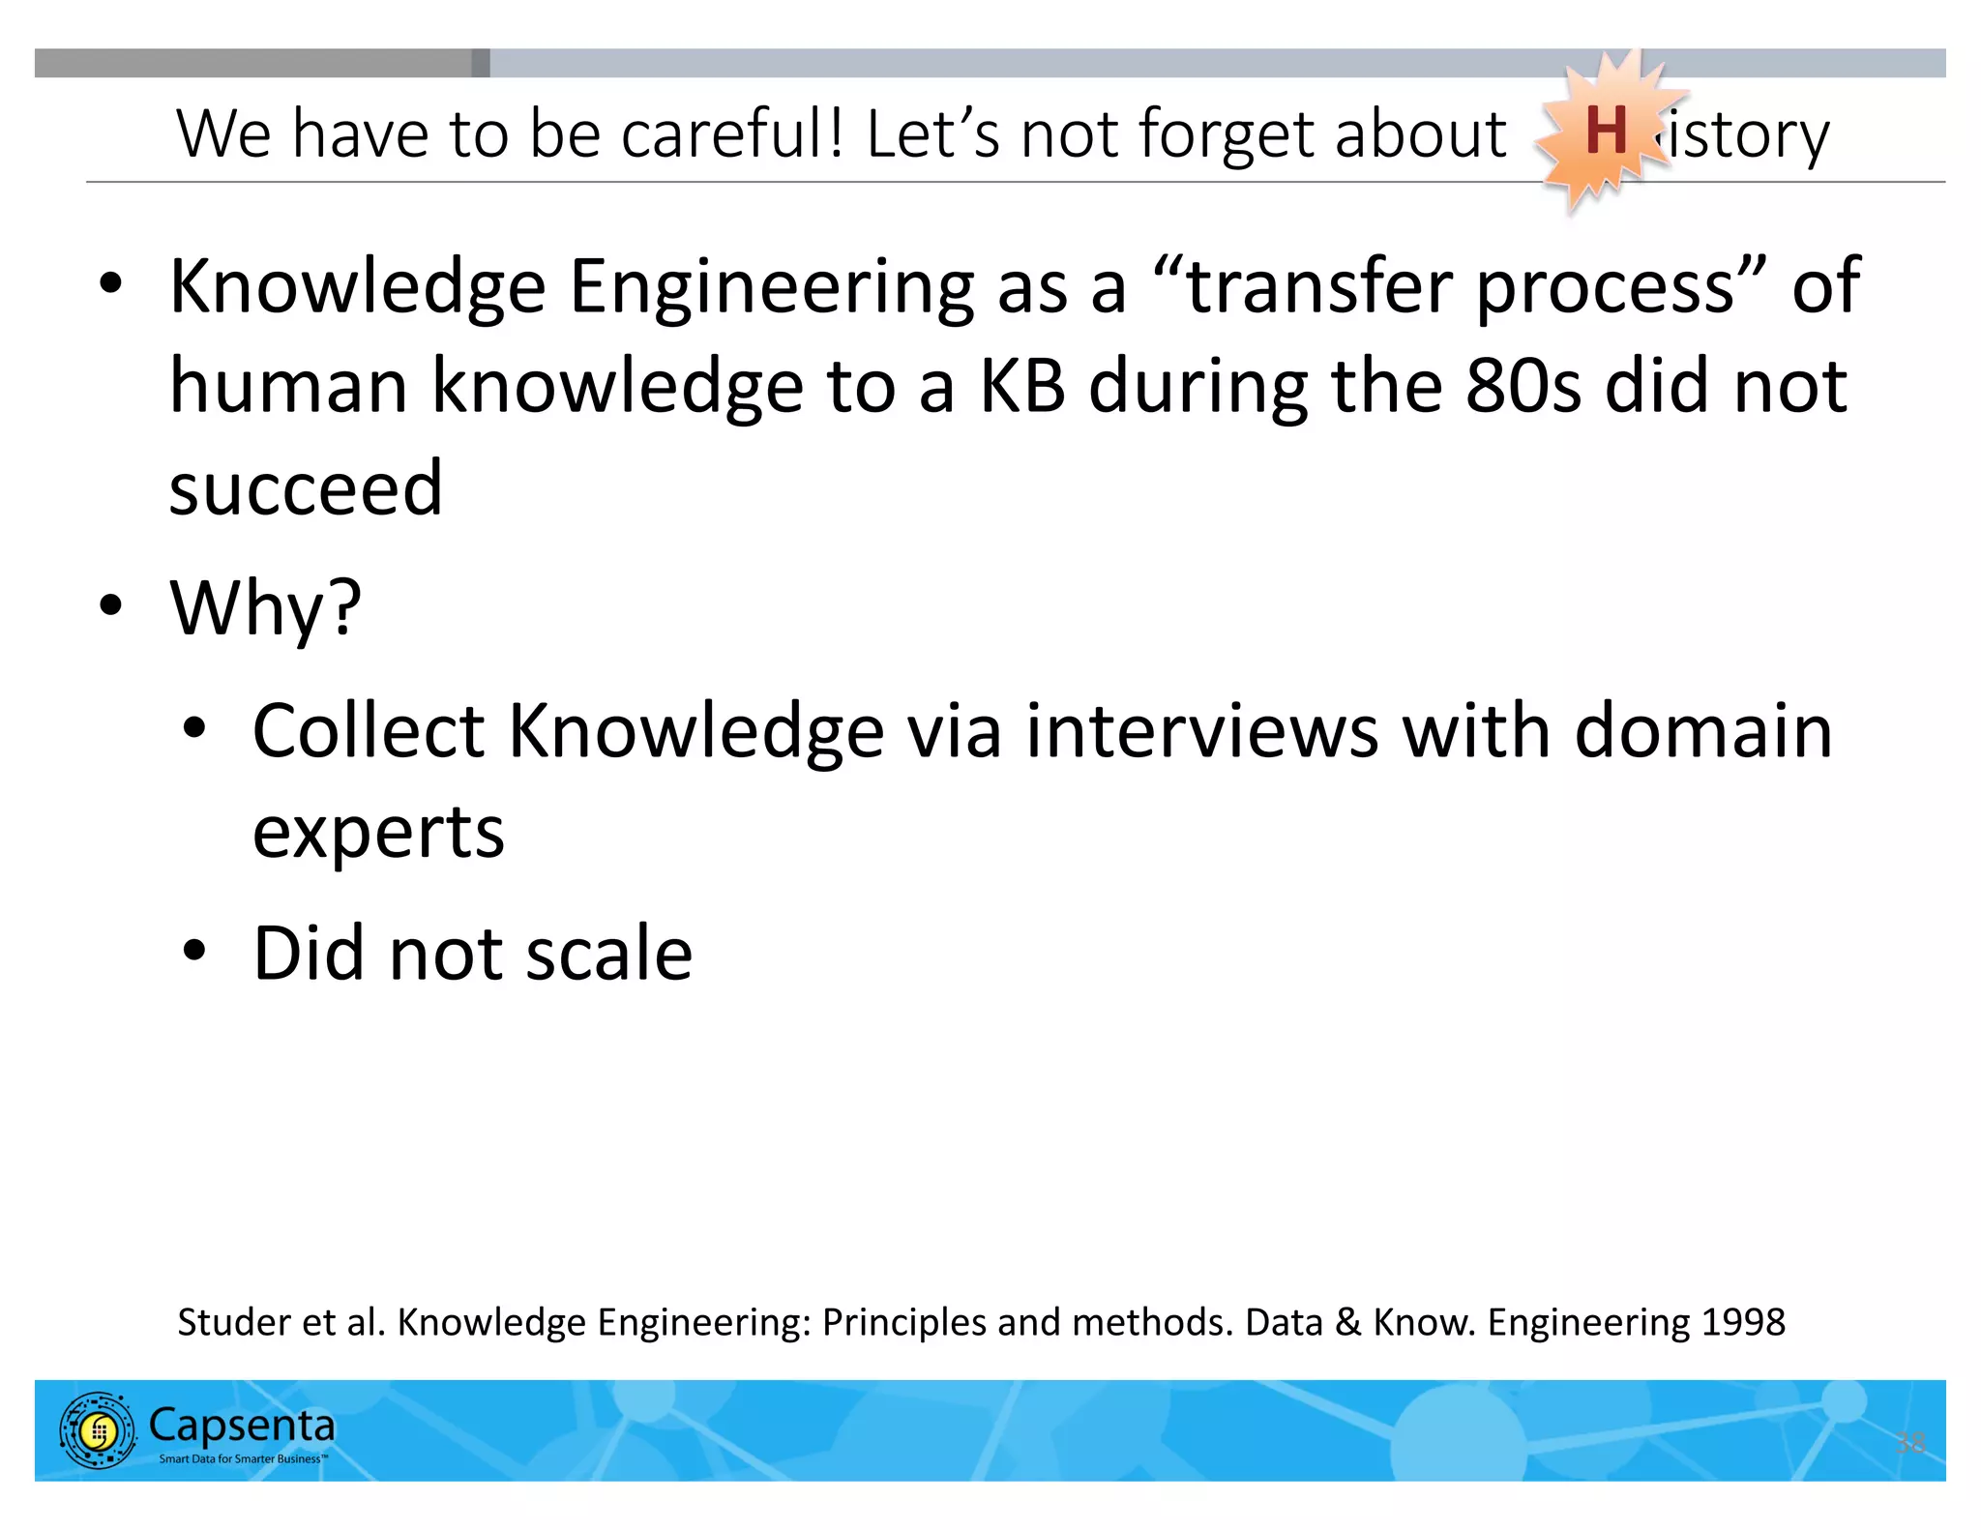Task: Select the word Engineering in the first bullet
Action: pyautogui.click(x=771, y=287)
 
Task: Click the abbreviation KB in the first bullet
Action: pyautogui.click(x=1022, y=387)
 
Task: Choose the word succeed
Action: pyautogui.click(x=306, y=488)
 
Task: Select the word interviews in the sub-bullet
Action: pyautogui.click(x=1201, y=731)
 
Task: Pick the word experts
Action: pyautogui.click(x=378, y=832)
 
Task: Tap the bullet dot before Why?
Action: pyautogui.click(x=111, y=605)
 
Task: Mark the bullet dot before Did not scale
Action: pyautogui.click(x=194, y=951)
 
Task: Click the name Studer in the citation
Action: pyautogui.click(x=232, y=1322)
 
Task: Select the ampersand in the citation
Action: pyautogui.click(x=1347, y=1322)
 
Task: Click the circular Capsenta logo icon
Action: pyautogui.click(x=97, y=1430)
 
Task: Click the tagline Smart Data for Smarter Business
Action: pyautogui.click(x=243, y=1458)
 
